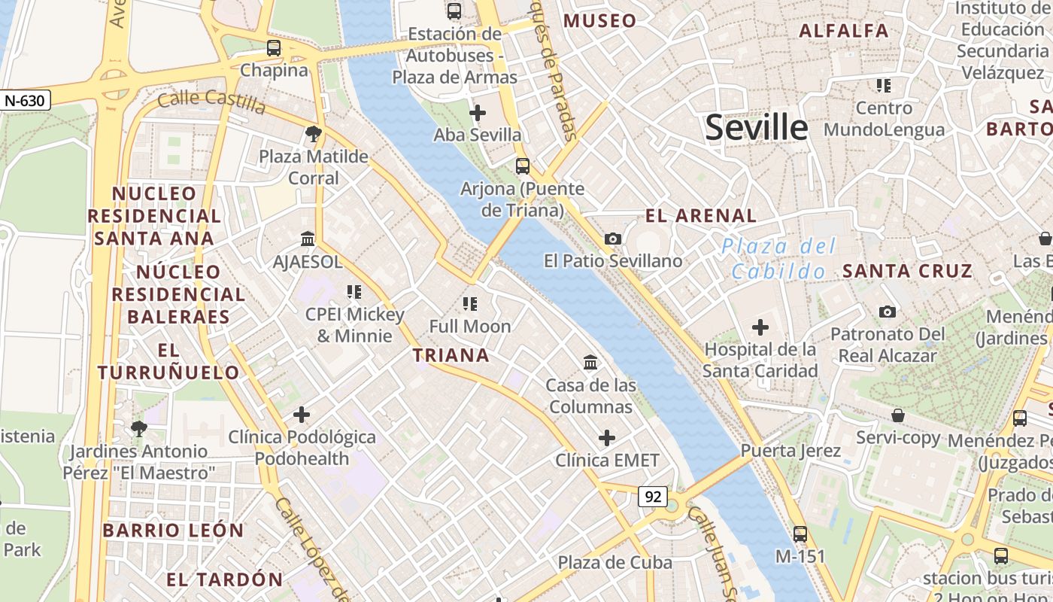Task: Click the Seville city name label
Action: click(x=756, y=128)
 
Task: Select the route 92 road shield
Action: click(x=653, y=496)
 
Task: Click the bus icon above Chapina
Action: click(x=274, y=48)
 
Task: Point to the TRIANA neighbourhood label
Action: click(x=451, y=355)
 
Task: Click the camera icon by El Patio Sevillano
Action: click(x=613, y=239)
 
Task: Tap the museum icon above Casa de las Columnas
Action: click(x=590, y=363)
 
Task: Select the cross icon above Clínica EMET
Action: click(x=607, y=437)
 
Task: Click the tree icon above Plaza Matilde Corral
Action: click(x=314, y=134)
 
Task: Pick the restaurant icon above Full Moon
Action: click(x=470, y=304)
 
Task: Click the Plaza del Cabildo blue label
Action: click(x=778, y=258)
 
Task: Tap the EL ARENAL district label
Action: click(x=701, y=216)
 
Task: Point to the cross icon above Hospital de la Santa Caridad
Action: click(x=760, y=327)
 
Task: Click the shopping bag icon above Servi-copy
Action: click(x=897, y=415)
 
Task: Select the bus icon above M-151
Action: click(x=800, y=534)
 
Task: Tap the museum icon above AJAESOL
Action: click(x=308, y=239)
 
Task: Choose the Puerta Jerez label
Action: click(x=791, y=451)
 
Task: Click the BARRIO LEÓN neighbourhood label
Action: click(x=173, y=530)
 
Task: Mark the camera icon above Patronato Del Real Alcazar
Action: click(x=888, y=312)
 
